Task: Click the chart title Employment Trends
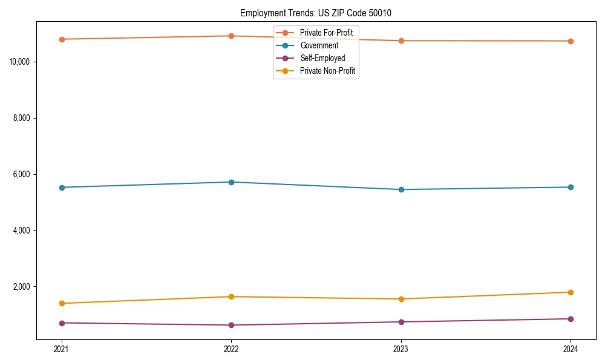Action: [x=320, y=13]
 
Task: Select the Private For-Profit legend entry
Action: [x=325, y=32]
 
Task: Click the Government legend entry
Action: [x=319, y=45]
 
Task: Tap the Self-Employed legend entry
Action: [x=322, y=58]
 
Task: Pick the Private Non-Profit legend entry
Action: [x=327, y=71]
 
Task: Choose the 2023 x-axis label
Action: [x=401, y=349]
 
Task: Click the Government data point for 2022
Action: [x=231, y=182]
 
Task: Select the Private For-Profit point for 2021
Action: [x=62, y=39]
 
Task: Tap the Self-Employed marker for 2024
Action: [x=571, y=319]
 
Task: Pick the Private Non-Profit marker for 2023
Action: [x=401, y=299]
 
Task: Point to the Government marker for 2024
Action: [x=571, y=187]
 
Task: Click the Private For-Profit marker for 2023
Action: [x=401, y=41]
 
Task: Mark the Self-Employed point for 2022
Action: [x=231, y=325]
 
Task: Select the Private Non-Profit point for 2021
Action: [x=62, y=303]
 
